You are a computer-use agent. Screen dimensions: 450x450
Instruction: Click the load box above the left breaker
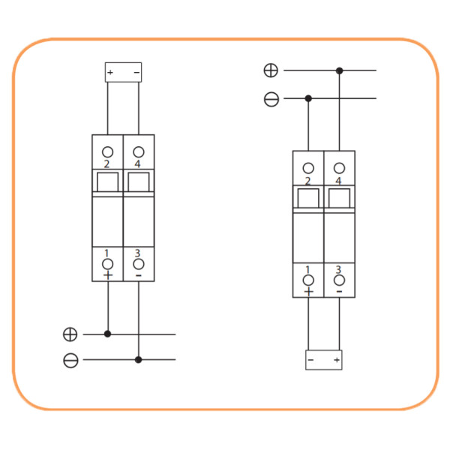point(123,72)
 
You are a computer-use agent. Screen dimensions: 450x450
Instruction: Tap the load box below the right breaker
point(324,360)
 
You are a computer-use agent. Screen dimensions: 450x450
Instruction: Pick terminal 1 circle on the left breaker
point(108,264)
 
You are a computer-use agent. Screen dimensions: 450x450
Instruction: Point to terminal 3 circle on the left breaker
point(139,264)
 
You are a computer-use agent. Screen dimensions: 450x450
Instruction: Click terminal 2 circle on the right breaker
point(308,168)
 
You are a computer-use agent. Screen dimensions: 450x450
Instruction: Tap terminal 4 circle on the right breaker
point(339,168)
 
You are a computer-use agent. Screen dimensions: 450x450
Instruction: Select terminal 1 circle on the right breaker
point(308,280)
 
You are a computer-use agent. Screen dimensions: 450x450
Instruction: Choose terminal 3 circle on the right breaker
point(339,280)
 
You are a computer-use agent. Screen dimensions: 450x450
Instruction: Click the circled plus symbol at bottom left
point(70,334)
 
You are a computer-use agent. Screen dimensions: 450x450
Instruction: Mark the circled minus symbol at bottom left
point(70,360)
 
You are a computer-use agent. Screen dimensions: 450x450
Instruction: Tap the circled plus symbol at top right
point(271,70)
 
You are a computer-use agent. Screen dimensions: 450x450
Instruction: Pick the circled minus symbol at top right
point(271,98)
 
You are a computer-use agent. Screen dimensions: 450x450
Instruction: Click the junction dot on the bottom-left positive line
point(108,334)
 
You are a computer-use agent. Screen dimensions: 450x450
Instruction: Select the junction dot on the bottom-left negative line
point(139,360)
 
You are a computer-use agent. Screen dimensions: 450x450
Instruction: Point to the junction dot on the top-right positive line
point(339,70)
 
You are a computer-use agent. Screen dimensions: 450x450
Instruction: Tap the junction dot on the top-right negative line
point(308,98)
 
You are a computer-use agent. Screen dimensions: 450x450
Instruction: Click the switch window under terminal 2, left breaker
point(108,182)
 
